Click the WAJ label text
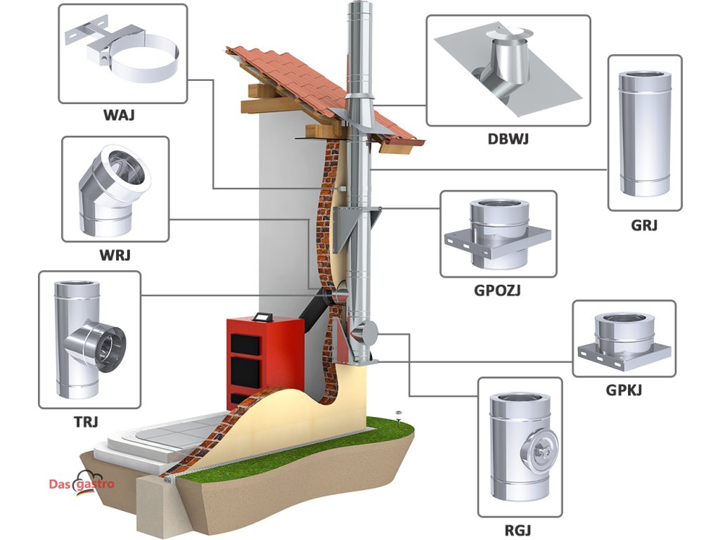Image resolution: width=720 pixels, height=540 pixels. (119, 115)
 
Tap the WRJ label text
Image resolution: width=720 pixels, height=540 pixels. (115, 255)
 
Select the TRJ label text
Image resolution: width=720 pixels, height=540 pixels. (86, 422)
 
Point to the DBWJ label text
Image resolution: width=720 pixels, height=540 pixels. (508, 139)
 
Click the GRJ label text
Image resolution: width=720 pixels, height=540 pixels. (644, 225)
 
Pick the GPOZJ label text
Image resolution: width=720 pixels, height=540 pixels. (497, 290)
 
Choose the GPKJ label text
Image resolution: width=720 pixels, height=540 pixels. (624, 390)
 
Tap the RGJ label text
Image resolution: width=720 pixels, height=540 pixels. (517, 530)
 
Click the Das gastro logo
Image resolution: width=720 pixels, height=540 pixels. (82, 483)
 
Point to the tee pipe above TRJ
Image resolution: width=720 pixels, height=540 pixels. (87, 341)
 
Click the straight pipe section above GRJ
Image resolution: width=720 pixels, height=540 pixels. (644, 133)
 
